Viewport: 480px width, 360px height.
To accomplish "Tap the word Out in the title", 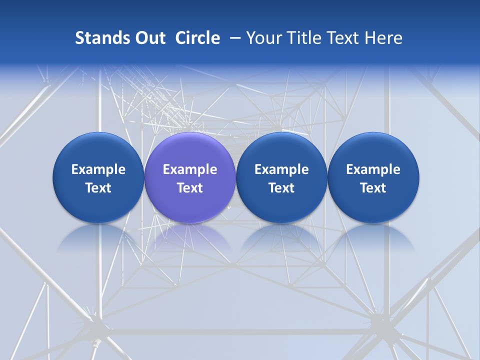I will (150, 38).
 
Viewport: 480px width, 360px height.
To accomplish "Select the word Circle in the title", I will (197, 38).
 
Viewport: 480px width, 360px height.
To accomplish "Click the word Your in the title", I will (263, 38).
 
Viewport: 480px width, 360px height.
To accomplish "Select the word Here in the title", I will (382, 38).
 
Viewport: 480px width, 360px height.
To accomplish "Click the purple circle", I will (189, 150).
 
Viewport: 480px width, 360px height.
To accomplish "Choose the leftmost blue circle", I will (98, 150).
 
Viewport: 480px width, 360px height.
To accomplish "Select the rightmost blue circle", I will (373, 150).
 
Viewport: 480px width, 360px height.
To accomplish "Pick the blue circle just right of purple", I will (281, 150).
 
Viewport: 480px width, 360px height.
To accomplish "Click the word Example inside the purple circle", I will (190, 169).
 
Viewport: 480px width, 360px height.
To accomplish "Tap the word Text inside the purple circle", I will (190, 188).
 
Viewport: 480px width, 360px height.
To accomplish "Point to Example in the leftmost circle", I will (98, 169).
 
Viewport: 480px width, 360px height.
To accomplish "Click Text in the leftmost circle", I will (98, 188).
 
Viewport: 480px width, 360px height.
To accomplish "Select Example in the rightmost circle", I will (373, 169).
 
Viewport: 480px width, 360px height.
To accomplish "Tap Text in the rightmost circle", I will (373, 188).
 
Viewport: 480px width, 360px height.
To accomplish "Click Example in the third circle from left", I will (281, 169).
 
